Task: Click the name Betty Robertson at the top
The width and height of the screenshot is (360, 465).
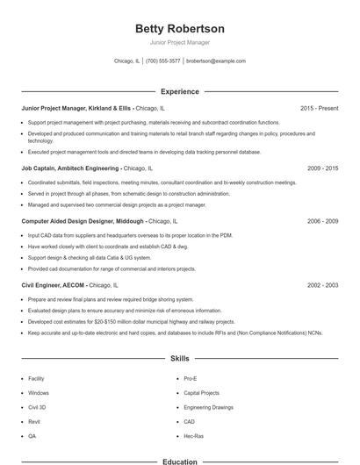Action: tap(180, 28)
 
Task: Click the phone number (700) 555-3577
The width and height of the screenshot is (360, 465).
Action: tap(162, 61)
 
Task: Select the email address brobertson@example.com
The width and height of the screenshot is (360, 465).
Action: tap(216, 61)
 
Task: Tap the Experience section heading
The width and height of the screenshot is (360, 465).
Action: tap(180, 91)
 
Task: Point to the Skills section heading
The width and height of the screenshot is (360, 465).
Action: tap(180, 359)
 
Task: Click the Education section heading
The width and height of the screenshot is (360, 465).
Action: tap(180, 461)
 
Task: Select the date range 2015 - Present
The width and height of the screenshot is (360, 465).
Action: tap(319, 108)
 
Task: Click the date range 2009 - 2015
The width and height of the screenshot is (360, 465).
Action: tap(322, 168)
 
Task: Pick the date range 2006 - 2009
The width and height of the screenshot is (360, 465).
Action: tap(322, 222)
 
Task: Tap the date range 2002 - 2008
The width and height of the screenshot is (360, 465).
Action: tap(322, 285)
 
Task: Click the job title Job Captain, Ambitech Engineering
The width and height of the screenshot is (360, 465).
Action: tap(70, 168)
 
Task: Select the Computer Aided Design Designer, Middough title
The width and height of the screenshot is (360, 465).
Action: tap(83, 222)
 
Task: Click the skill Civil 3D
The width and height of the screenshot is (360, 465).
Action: tap(37, 407)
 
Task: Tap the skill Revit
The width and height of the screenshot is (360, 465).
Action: tap(33, 421)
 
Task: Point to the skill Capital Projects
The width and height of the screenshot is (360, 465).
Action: tap(201, 392)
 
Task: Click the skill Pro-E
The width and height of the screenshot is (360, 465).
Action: tap(191, 378)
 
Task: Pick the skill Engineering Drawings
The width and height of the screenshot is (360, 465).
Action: tap(209, 407)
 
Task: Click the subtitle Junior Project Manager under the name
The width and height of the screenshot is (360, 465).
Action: tap(180, 42)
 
